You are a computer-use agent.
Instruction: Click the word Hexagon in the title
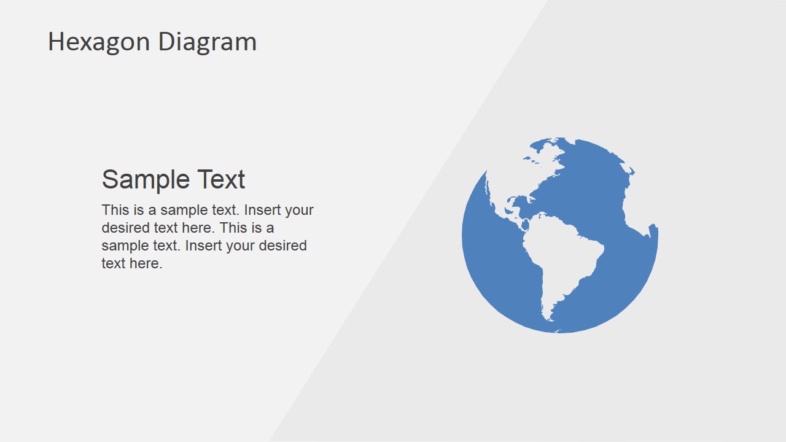[x=99, y=42]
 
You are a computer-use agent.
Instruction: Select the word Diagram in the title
[x=207, y=42]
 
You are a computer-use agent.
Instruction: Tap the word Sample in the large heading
[x=146, y=179]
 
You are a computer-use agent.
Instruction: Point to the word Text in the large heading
[x=221, y=179]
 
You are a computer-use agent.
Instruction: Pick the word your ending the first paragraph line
[x=299, y=210]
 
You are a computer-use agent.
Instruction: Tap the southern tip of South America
[x=549, y=317]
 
